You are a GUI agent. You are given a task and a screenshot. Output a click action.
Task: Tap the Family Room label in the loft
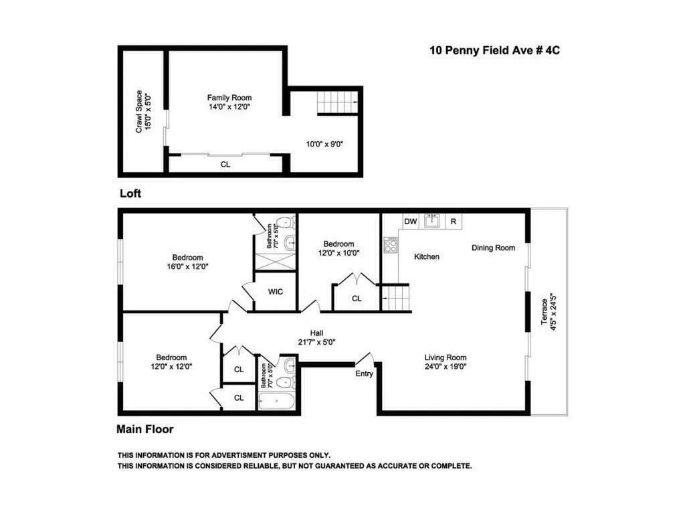229,98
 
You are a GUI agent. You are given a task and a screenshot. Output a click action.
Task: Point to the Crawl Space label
143,111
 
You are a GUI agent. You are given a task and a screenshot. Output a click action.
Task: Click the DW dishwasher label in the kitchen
410,222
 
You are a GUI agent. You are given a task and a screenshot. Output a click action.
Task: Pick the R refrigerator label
454,222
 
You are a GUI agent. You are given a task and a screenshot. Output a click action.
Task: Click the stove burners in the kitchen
390,246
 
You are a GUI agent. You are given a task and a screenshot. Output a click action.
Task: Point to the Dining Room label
493,248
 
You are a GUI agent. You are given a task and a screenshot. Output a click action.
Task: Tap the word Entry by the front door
365,373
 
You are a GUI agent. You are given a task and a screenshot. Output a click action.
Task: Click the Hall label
317,333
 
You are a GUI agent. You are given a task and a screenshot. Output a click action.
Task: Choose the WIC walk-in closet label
276,292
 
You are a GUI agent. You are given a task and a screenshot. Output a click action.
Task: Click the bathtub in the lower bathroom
277,401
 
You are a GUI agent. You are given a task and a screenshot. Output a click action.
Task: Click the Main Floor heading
145,429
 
